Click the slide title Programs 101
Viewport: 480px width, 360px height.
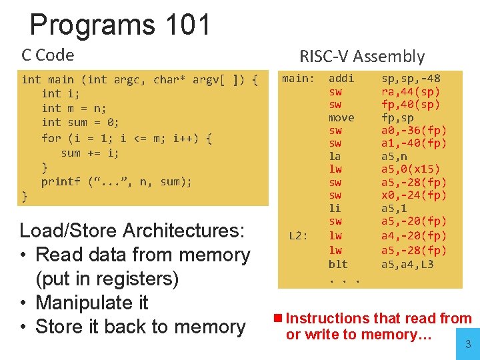(x=120, y=25)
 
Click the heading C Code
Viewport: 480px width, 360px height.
(x=48, y=55)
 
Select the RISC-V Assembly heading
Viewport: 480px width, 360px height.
(x=361, y=57)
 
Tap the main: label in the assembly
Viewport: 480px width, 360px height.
(x=297, y=79)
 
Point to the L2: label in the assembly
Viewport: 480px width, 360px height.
(x=298, y=235)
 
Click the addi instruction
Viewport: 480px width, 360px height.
(x=341, y=79)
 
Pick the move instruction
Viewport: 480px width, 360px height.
(x=341, y=118)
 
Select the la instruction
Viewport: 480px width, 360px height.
(x=335, y=157)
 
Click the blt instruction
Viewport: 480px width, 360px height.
(x=338, y=265)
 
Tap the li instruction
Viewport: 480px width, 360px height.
(x=335, y=209)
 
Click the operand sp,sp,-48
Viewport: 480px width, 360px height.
(x=411, y=79)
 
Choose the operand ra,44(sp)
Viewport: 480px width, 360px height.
(x=411, y=92)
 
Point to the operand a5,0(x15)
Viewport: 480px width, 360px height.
(x=411, y=169)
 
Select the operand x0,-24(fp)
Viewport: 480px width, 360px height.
(x=414, y=195)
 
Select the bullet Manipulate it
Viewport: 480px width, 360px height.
(x=91, y=303)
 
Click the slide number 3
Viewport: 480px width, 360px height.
(x=467, y=345)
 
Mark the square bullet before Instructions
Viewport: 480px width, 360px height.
(x=278, y=319)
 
